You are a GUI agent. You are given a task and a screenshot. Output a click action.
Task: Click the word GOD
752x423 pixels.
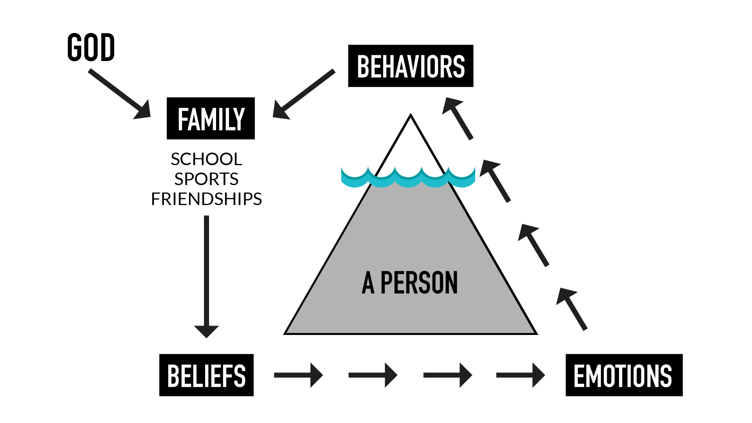click(91, 47)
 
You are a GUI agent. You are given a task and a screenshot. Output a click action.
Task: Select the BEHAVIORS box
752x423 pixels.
click(411, 66)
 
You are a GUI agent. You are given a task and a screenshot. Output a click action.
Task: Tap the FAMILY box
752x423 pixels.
click(211, 119)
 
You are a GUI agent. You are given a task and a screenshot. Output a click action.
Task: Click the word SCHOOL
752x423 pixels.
click(206, 159)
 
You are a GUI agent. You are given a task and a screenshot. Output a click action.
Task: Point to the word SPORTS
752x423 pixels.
click(206, 179)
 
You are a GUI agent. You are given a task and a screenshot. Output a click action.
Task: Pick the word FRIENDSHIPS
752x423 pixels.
click(206, 199)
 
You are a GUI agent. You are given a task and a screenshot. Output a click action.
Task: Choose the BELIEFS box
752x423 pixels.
click(206, 375)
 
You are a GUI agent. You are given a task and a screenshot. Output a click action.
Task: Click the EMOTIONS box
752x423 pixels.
click(624, 375)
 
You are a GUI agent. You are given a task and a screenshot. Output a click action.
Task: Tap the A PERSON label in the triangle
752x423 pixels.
click(410, 283)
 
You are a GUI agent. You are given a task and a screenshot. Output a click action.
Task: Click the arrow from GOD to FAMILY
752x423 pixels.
click(119, 94)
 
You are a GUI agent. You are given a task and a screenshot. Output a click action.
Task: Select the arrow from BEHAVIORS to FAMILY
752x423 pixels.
click(304, 94)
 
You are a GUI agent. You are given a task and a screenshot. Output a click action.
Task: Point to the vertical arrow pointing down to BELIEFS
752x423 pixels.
click(206, 274)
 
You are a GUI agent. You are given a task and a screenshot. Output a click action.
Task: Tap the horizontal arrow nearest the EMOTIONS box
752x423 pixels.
click(520, 375)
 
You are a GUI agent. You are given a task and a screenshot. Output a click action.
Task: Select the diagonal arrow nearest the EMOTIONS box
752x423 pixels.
click(572, 309)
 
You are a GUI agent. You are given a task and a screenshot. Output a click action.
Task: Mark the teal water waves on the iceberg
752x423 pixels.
click(408, 178)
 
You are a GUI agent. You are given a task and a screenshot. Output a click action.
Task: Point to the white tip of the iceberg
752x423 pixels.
click(411, 141)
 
